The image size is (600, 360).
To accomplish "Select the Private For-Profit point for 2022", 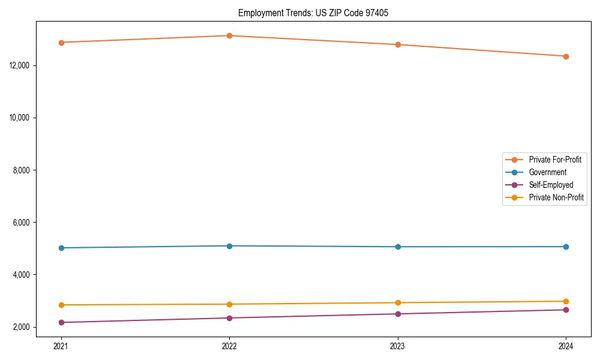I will point(229,35).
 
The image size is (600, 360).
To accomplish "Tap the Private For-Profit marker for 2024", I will point(566,56).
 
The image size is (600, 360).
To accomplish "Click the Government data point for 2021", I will point(61,248).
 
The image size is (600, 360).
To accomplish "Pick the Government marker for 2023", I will point(398,247).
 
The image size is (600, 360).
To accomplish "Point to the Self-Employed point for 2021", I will point(61,322).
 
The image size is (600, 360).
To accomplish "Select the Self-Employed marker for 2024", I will point(566,310).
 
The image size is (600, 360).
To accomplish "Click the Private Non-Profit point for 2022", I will point(229,304).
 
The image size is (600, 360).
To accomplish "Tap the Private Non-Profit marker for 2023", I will point(398,302).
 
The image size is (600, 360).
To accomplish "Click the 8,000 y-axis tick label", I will point(22,170).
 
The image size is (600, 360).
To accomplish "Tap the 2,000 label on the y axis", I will point(22,327).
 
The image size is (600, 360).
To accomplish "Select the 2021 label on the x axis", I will point(61,346).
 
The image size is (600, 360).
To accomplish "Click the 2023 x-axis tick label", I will point(398,346).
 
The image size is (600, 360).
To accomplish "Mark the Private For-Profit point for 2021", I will point(61,43).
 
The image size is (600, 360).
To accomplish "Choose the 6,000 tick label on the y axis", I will point(22,222).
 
